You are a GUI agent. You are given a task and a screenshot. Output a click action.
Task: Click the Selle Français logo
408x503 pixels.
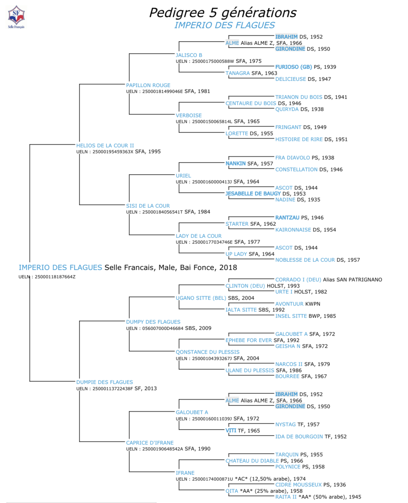click(16, 17)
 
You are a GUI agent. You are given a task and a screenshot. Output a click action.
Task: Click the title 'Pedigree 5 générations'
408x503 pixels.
click(223, 13)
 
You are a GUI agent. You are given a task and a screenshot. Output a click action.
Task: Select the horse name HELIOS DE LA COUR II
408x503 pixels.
click(105, 145)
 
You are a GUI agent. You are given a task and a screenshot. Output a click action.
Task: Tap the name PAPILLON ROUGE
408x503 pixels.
click(148, 85)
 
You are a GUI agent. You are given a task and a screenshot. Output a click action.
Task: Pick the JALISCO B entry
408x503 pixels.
click(189, 55)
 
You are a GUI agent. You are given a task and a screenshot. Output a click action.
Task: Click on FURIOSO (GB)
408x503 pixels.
click(293, 67)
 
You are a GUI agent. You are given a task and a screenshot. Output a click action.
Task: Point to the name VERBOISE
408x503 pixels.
click(189, 115)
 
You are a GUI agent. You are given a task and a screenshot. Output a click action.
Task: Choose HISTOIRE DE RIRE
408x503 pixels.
click(299, 139)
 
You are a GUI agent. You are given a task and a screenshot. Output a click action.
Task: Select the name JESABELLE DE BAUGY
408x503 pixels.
click(253, 194)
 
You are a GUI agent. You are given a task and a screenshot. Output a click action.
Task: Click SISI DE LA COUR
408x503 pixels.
click(148, 206)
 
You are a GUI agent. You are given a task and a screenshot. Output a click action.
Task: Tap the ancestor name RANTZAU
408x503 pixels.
click(287, 218)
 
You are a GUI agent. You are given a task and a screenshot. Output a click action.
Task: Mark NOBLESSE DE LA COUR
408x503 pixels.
click(305, 260)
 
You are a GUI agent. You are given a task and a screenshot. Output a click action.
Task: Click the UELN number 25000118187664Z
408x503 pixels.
click(55, 277)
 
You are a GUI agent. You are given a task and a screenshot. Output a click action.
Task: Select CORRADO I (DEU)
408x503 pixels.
click(298, 280)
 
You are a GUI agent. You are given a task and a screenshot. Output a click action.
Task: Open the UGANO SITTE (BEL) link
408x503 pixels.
click(201, 298)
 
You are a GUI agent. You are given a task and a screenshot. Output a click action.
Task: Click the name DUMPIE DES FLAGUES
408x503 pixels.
click(105, 382)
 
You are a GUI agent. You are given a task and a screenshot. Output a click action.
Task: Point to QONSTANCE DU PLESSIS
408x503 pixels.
click(208, 352)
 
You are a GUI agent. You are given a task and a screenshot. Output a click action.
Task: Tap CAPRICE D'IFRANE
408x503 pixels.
click(150, 443)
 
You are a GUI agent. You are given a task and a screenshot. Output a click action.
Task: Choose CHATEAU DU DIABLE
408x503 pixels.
click(252, 461)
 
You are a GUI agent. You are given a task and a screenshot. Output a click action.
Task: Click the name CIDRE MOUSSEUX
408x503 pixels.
click(298, 485)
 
